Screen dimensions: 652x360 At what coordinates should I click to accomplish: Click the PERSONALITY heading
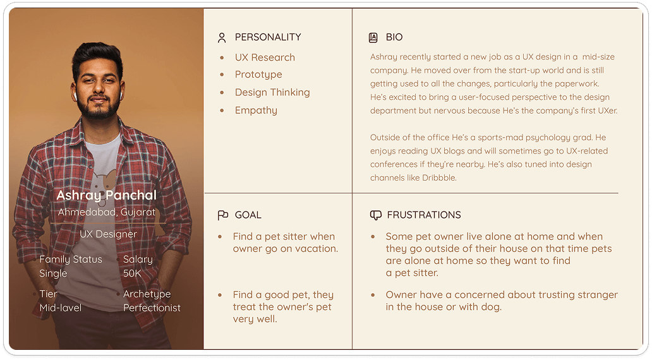pos(268,37)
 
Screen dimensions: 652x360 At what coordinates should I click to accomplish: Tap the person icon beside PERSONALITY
pos(222,38)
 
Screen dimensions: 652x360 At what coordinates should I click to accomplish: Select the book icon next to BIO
pos(373,37)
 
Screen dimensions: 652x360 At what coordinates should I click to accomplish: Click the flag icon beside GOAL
pos(223,215)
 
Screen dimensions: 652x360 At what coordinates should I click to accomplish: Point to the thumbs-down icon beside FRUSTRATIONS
pos(375,215)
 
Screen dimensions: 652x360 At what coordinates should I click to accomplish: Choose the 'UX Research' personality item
pos(265,57)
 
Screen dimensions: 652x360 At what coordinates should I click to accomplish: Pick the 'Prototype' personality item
pos(258,75)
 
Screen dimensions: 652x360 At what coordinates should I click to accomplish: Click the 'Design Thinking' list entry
pos(272,92)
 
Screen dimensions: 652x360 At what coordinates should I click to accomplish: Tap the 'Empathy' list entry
pos(256,110)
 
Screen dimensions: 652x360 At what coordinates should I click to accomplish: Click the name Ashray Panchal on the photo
pos(106,195)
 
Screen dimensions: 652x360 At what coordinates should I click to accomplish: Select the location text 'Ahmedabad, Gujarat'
pos(106,212)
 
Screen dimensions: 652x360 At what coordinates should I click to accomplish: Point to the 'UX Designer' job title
pos(108,234)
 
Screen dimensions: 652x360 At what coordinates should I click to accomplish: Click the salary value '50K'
pos(132,273)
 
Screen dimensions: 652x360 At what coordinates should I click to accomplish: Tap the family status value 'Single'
pos(53,273)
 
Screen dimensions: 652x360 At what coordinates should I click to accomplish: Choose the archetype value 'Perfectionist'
pos(152,308)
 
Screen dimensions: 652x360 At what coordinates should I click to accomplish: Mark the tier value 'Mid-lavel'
pos(60,308)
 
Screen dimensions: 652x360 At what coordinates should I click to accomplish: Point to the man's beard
pos(99,107)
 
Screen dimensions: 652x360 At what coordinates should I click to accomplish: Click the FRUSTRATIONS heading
pos(424,215)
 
